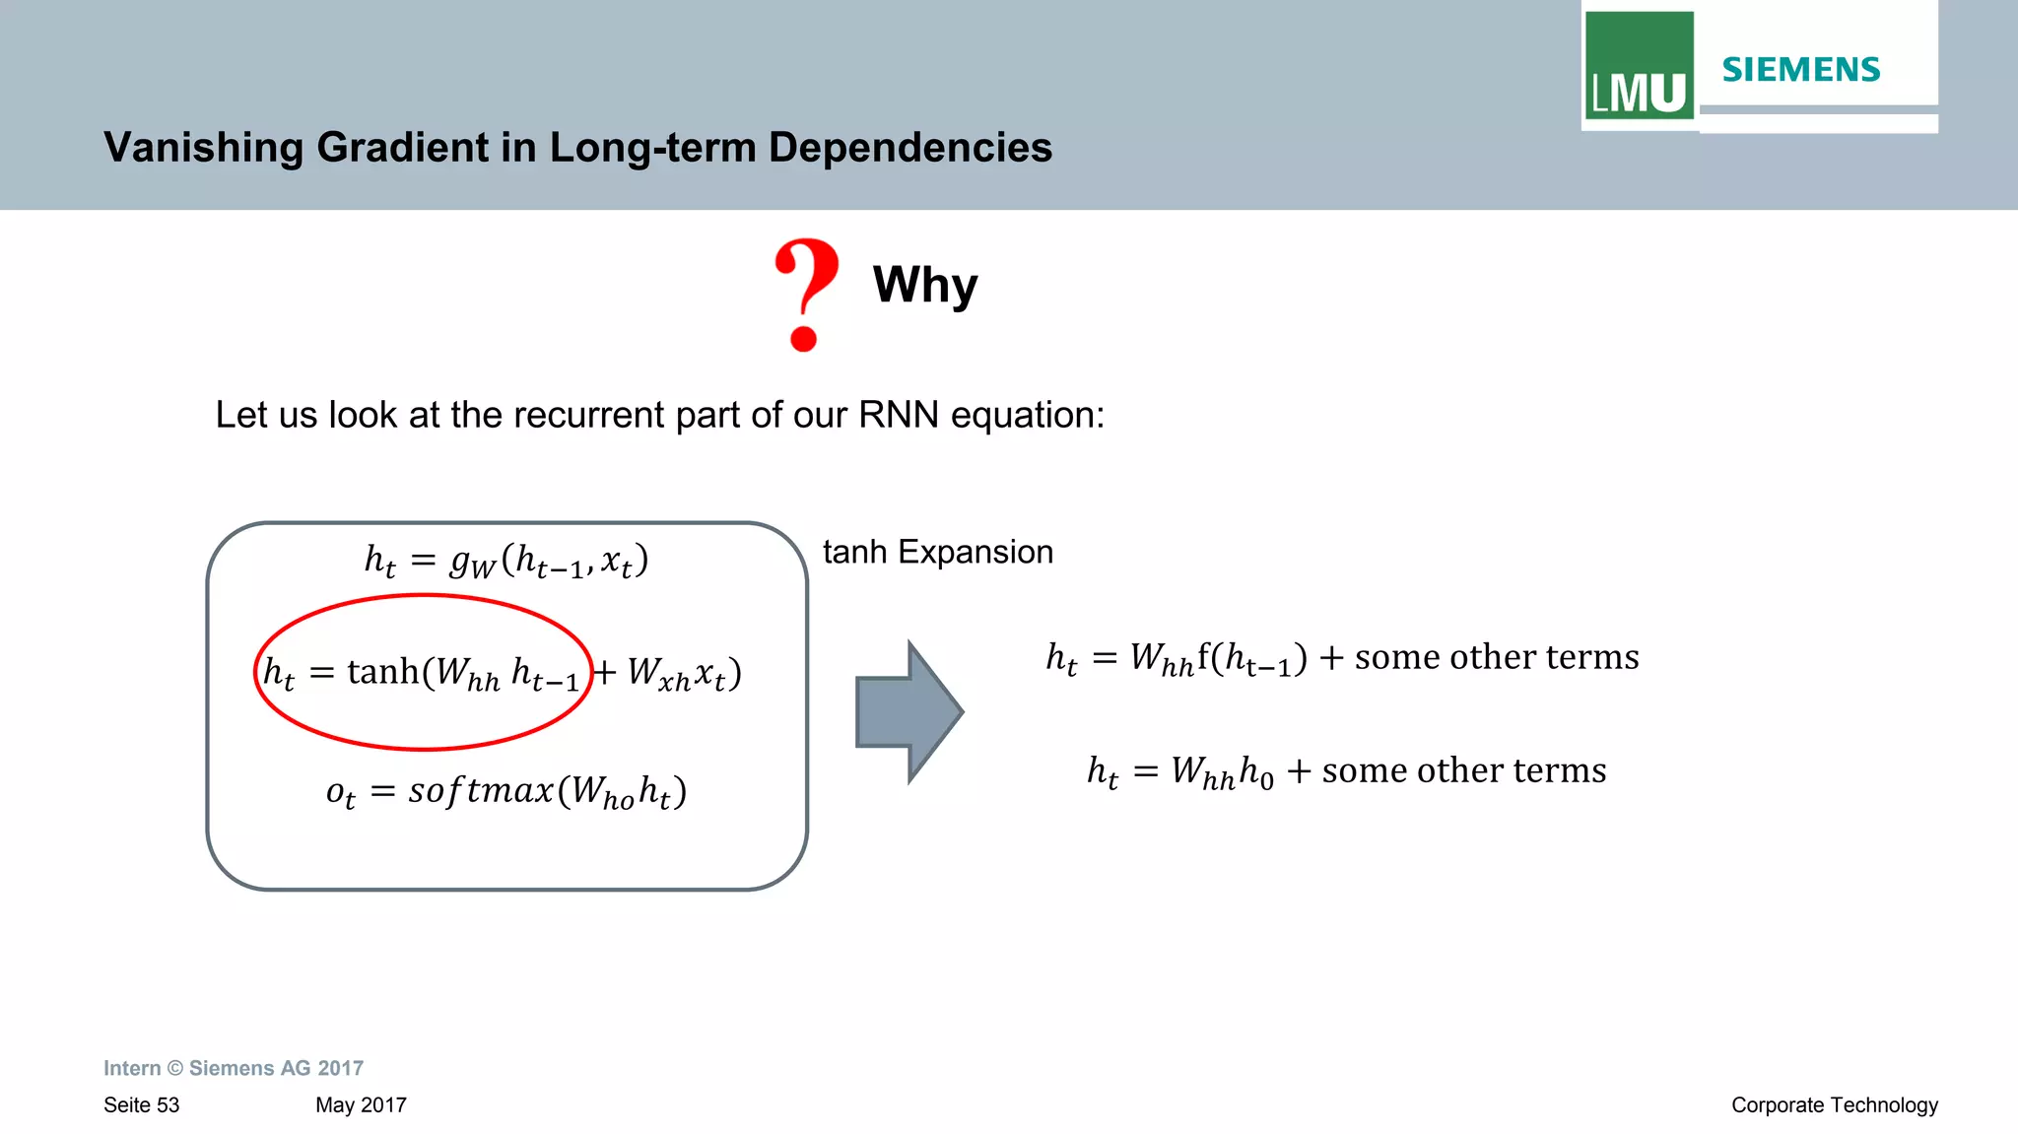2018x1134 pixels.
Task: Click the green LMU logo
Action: pyautogui.click(x=1639, y=66)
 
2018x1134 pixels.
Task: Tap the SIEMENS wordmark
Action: pyautogui.click(x=1800, y=70)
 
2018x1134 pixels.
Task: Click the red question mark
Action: pyautogui.click(x=806, y=294)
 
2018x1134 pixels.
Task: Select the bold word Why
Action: pyautogui.click(x=924, y=286)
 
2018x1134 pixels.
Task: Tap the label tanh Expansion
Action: pyautogui.click(x=937, y=552)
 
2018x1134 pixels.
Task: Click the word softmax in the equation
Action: pyautogui.click(x=481, y=790)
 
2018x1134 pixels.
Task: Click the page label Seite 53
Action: pyautogui.click(x=141, y=1105)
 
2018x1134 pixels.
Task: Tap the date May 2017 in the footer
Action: pyautogui.click(x=361, y=1105)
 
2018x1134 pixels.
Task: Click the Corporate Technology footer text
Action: pyautogui.click(x=1834, y=1105)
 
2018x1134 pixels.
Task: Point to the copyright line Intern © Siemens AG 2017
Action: pyautogui.click(x=234, y=1068)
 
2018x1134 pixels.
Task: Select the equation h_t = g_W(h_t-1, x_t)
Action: pyautogui.click(x=506, y=561)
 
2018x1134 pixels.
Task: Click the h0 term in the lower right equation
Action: pyautogui.click(x=1256, y=771)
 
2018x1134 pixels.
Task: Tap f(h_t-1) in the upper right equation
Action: pyautogui.click(x=1251, y=658)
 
